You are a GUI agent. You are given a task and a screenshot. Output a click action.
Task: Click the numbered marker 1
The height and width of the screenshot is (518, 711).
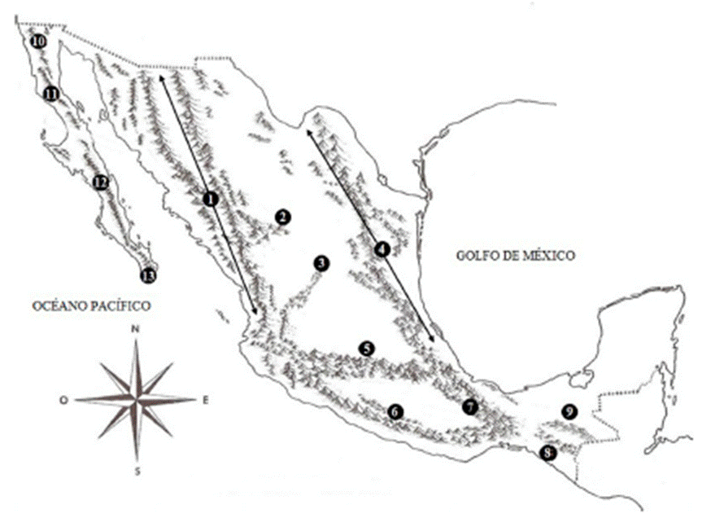[x=211, y=198]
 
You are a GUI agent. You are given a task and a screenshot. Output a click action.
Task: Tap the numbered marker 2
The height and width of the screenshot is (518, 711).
[x=282, y=217]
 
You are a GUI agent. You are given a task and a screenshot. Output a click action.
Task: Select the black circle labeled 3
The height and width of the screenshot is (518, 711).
[x=321, y=262]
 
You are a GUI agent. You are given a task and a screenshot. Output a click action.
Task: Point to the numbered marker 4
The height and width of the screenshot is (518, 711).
[x=382, y=248]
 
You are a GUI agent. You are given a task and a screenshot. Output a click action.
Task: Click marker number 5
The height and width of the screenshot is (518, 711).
[x=366, y=348]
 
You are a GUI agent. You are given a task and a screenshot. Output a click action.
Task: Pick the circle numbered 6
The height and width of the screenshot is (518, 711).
[x=395, y=412]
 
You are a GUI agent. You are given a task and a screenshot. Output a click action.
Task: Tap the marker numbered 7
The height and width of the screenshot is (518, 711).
[x=469, y=406]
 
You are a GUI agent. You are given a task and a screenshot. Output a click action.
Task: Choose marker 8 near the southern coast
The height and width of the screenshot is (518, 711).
[x=549, y=453]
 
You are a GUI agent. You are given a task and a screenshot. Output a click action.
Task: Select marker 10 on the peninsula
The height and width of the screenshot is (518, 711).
[x=37, y=42]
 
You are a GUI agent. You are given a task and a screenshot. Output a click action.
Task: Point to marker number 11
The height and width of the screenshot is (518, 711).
[x=51, y=94]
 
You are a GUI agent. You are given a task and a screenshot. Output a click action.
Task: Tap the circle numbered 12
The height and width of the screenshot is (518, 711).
[x=100, y=182]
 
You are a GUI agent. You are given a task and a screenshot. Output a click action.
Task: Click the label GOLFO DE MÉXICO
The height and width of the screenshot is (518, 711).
[x=515, y=256]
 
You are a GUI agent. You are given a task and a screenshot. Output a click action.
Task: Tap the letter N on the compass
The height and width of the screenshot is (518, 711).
[x=136, y=329]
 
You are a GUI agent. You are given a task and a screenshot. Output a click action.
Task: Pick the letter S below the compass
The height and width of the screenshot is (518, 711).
[x=137, y=471]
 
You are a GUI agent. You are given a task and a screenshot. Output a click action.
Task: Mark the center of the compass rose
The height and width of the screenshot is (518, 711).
[x=137, y=399]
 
